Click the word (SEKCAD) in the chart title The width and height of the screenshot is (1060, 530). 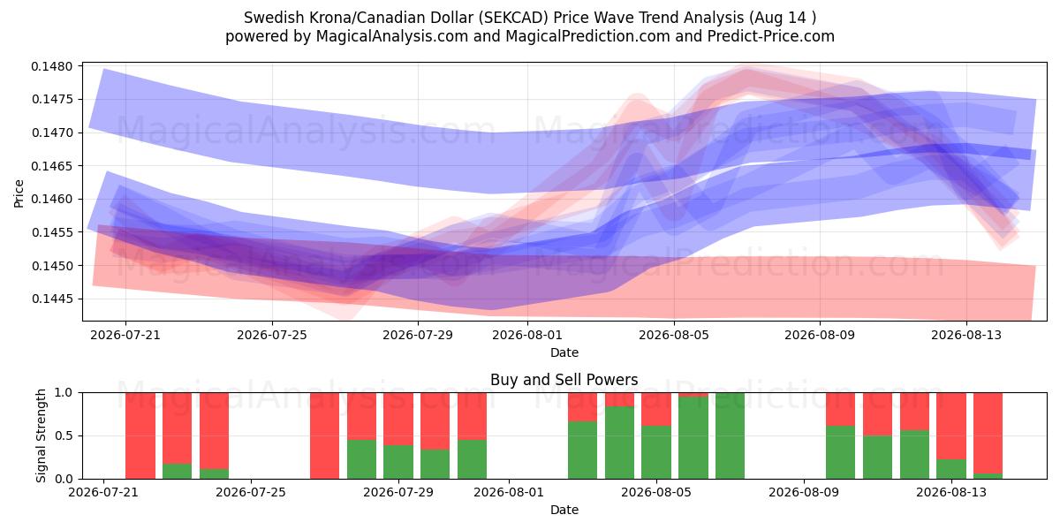pyautogui.click(x=513, y=18)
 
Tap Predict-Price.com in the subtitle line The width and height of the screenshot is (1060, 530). pyautogui.click(x=771, y=36)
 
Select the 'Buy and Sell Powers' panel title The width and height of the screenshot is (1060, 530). pyautogui.click(x=564, y=380)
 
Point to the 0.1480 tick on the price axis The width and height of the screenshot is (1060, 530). pyautogui.click(x=52, y=66)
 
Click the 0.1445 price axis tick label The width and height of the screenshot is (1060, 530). pyautogui.click(x=52, y=299)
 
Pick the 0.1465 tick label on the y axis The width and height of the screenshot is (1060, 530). pyautogui.click(x=52, y=166)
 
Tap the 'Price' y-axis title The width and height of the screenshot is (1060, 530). pyautogui.click(x=19, y=193)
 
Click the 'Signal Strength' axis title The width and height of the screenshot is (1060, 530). pyautogui.click(x=41, y=435)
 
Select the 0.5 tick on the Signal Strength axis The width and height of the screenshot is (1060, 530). pyautogui.click(x=64, y=435)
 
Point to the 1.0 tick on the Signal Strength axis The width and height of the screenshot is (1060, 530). pyautogui.click(x=64, y=393)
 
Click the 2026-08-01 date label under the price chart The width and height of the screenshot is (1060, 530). pyautogui.click(x=527, y=335)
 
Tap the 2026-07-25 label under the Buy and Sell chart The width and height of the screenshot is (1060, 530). pyautogui.click(x=251, y=493)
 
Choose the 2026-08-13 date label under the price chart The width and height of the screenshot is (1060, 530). pyautogui.click(x=966, y=335)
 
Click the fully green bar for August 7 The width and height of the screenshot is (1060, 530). pyautogui.click(x=730, y=435)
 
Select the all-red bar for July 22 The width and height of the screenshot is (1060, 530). pyautogui.click(x=140, y=435)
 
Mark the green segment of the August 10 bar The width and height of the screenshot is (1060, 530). pyautogui.click(x=840, y=452)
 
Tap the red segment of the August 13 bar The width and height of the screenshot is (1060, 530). pyautogui.click(x=951, y=426)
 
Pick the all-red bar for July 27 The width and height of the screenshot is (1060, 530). pyautogui.click(x=325, y=435)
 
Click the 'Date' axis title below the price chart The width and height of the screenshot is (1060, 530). pyautogui.click(x=564, y=352)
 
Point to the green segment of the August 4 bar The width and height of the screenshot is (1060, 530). pyautogui.click(x=619, y=443)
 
